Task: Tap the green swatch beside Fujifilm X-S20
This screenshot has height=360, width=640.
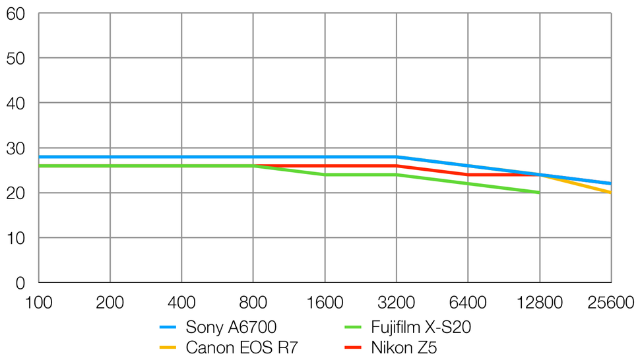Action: [354, 328]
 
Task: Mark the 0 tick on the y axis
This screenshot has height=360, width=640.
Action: [20, 283]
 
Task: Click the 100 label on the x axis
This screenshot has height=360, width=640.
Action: [38, 303]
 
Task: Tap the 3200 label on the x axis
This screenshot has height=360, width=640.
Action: [396, 303]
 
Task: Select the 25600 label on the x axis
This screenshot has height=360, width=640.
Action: [611, 303]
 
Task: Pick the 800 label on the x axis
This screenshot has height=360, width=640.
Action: [253, 303]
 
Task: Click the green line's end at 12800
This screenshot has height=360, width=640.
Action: [539, 193]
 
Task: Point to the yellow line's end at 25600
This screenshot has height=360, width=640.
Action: [610, 193]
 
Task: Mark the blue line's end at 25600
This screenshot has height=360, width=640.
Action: [610, 183]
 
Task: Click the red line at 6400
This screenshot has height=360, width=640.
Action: [468, 175]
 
